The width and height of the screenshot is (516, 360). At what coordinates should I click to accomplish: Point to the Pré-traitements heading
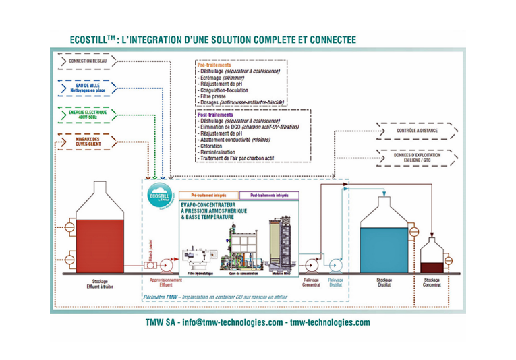(210, 64)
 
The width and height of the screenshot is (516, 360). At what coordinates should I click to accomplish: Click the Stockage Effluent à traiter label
(100, 284)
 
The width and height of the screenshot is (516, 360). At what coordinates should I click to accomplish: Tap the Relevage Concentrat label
(312, 283)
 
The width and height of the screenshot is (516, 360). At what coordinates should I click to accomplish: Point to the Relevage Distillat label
(335, 283)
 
